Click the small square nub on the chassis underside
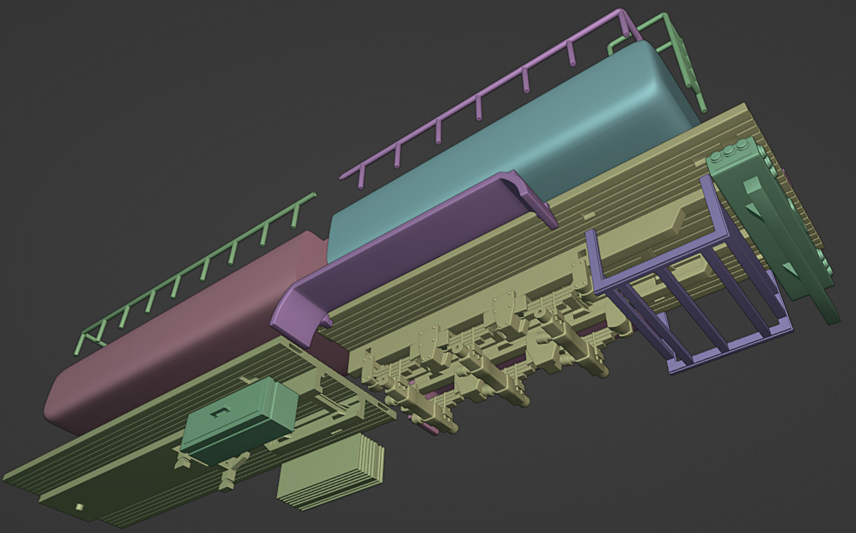pyautogui.click(x=80, y=508)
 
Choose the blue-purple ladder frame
pyautogui.click(x=689, y=301)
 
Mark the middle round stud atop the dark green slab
pyautogui.click(x=731, y=152)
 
